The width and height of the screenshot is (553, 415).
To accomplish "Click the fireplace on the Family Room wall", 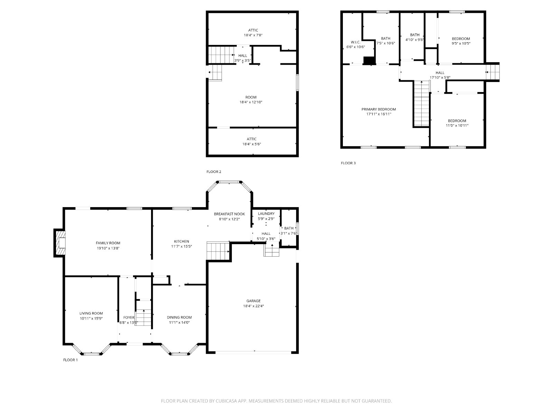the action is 59,243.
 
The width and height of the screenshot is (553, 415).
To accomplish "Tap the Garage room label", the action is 253,301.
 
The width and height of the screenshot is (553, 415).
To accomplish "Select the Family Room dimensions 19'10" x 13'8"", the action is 108,248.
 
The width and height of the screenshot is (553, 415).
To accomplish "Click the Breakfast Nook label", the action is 229,214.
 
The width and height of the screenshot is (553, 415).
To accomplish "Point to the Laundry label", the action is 266,213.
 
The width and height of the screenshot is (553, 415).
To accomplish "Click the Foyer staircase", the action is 143,317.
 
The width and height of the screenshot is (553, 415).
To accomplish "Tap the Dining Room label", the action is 179,317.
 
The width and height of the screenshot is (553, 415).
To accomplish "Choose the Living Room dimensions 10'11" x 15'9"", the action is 91,318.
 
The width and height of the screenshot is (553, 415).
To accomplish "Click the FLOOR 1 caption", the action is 70,360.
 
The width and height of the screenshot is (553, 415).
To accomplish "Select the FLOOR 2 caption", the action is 214,172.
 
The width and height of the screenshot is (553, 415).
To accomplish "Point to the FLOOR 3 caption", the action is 348,163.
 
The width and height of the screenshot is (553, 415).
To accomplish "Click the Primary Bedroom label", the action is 378,109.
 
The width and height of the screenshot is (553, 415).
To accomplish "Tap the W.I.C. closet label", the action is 356,42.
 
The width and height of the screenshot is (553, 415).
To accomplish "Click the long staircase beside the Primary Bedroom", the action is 421,103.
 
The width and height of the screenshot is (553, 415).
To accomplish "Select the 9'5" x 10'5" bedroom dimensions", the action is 461,43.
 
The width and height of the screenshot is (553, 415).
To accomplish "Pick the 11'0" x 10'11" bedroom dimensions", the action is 457,125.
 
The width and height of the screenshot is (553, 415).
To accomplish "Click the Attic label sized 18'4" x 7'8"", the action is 253,30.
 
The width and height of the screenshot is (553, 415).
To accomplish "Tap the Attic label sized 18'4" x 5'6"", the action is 251,139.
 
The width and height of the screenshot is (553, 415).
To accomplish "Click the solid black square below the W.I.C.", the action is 369,61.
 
